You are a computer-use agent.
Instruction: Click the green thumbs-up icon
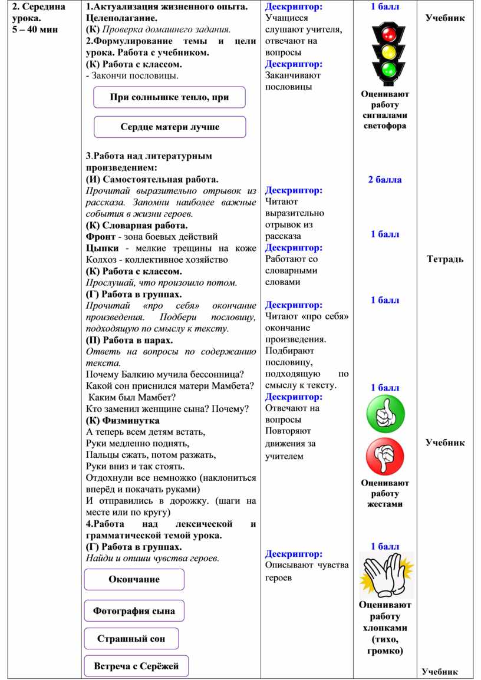(x=386, y=414)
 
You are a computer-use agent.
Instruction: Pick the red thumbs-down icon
(x=386, y=457)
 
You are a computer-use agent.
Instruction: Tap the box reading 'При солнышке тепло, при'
(x=170, y=97)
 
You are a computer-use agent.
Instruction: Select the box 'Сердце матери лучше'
(x=170, y=127)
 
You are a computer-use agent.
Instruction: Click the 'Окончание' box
(x=134, y=579)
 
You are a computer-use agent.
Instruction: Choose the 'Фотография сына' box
(x=134, y=611)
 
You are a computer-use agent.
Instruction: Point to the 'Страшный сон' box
(x=131, y=639)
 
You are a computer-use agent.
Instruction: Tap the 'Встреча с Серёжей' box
(x=136, y=666)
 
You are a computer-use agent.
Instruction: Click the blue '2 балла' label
(x=385, y=180)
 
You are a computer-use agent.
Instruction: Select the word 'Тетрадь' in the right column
(x=445, y=259)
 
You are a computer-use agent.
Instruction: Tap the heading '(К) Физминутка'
(x=123, y=421)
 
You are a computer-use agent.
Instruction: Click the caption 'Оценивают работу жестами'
(x=385, y=494)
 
